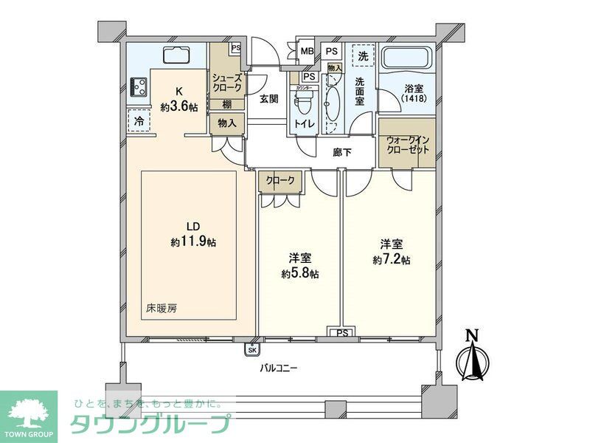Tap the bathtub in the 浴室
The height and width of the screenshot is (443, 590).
[x=407, y=60]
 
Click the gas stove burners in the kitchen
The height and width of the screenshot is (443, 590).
[x=137, y=87]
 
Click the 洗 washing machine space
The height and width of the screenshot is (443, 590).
[x=363, y=55]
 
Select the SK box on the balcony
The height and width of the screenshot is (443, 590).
[x=253, y=350]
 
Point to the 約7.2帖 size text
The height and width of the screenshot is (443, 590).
[x=391, y=260]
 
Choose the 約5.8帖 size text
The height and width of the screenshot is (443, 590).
[x=299, y=273]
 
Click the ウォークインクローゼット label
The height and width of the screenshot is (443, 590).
[x=408, y=144]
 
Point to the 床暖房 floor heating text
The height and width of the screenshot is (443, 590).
[x=160, y=306]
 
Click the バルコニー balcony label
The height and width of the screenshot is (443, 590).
[x=278, y=368]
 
